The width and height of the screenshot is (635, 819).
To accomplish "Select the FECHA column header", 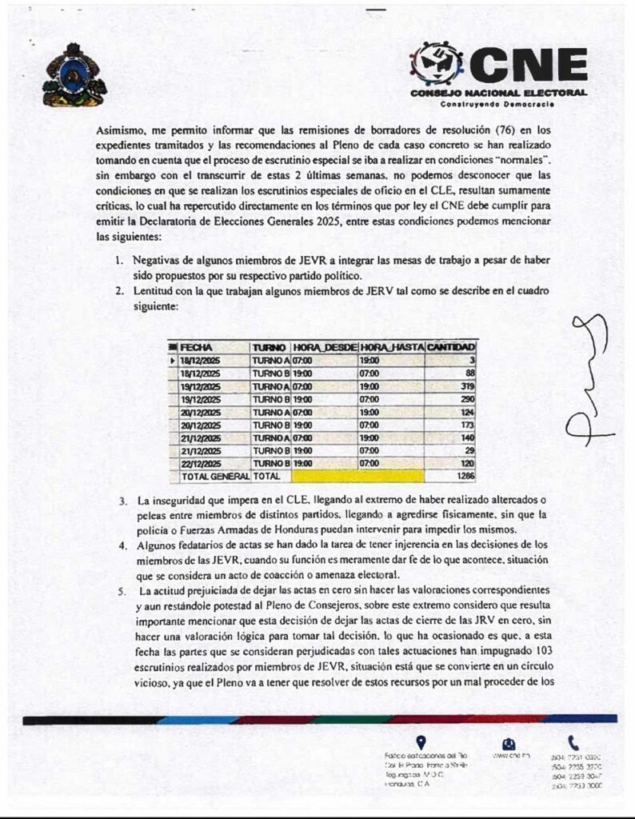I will click(196, 348).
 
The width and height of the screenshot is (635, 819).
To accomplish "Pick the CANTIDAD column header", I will click(452, 348).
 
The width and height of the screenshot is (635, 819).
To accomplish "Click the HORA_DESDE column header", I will click(324, 348).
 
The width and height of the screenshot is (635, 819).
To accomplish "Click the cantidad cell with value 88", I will click(469, 374).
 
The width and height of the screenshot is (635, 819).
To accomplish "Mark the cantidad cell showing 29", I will click(469, 450).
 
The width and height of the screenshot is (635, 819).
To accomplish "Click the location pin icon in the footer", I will click(421, 742).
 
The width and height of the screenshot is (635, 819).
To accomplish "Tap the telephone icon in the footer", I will click(573, 742).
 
